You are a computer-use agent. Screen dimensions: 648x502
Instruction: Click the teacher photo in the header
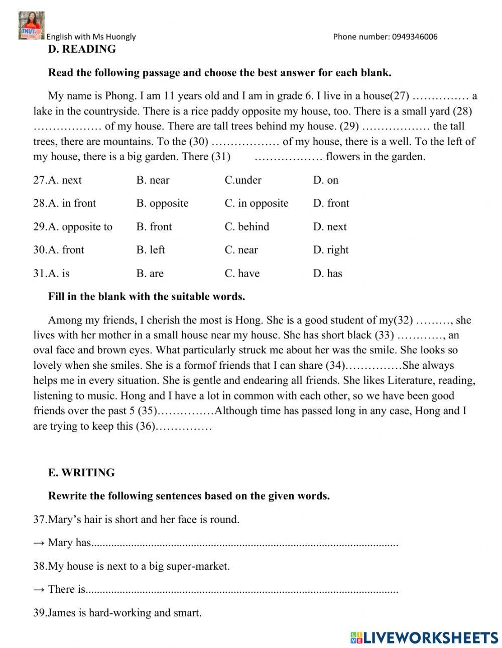coord(31,26)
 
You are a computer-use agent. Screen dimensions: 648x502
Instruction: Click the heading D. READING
coord(82,49)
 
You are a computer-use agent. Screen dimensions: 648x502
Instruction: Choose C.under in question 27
coord(243,180)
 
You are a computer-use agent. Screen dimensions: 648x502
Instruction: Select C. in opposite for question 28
coord(257,203)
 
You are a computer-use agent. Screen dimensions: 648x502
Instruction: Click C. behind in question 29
coord(247,227)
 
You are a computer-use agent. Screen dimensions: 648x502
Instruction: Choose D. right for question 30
coord(331,250)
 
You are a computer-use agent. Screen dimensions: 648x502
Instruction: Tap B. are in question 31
coord(150,274)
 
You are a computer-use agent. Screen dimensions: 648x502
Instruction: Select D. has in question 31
coord(327,274)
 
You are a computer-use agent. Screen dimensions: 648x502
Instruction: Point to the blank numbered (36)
coord(184,427)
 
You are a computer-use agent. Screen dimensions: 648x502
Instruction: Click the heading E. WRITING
coord(81,473)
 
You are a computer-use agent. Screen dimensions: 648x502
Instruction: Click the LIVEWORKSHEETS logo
coord(424,637)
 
